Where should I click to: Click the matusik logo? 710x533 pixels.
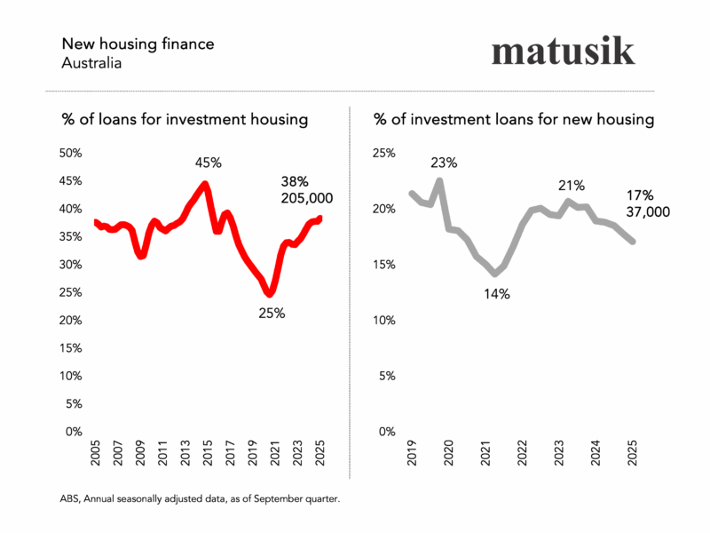[564, 51]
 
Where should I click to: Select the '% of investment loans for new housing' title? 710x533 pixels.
[514, 119]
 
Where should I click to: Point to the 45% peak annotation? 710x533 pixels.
[209, 163]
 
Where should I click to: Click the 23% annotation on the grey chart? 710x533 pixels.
[444, 163]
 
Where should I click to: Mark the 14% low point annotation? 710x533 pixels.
[496, 294]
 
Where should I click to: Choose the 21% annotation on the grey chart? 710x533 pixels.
[572, 186]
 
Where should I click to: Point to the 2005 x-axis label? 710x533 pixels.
[96, 454]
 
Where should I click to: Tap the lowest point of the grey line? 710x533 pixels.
[495, 274]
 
